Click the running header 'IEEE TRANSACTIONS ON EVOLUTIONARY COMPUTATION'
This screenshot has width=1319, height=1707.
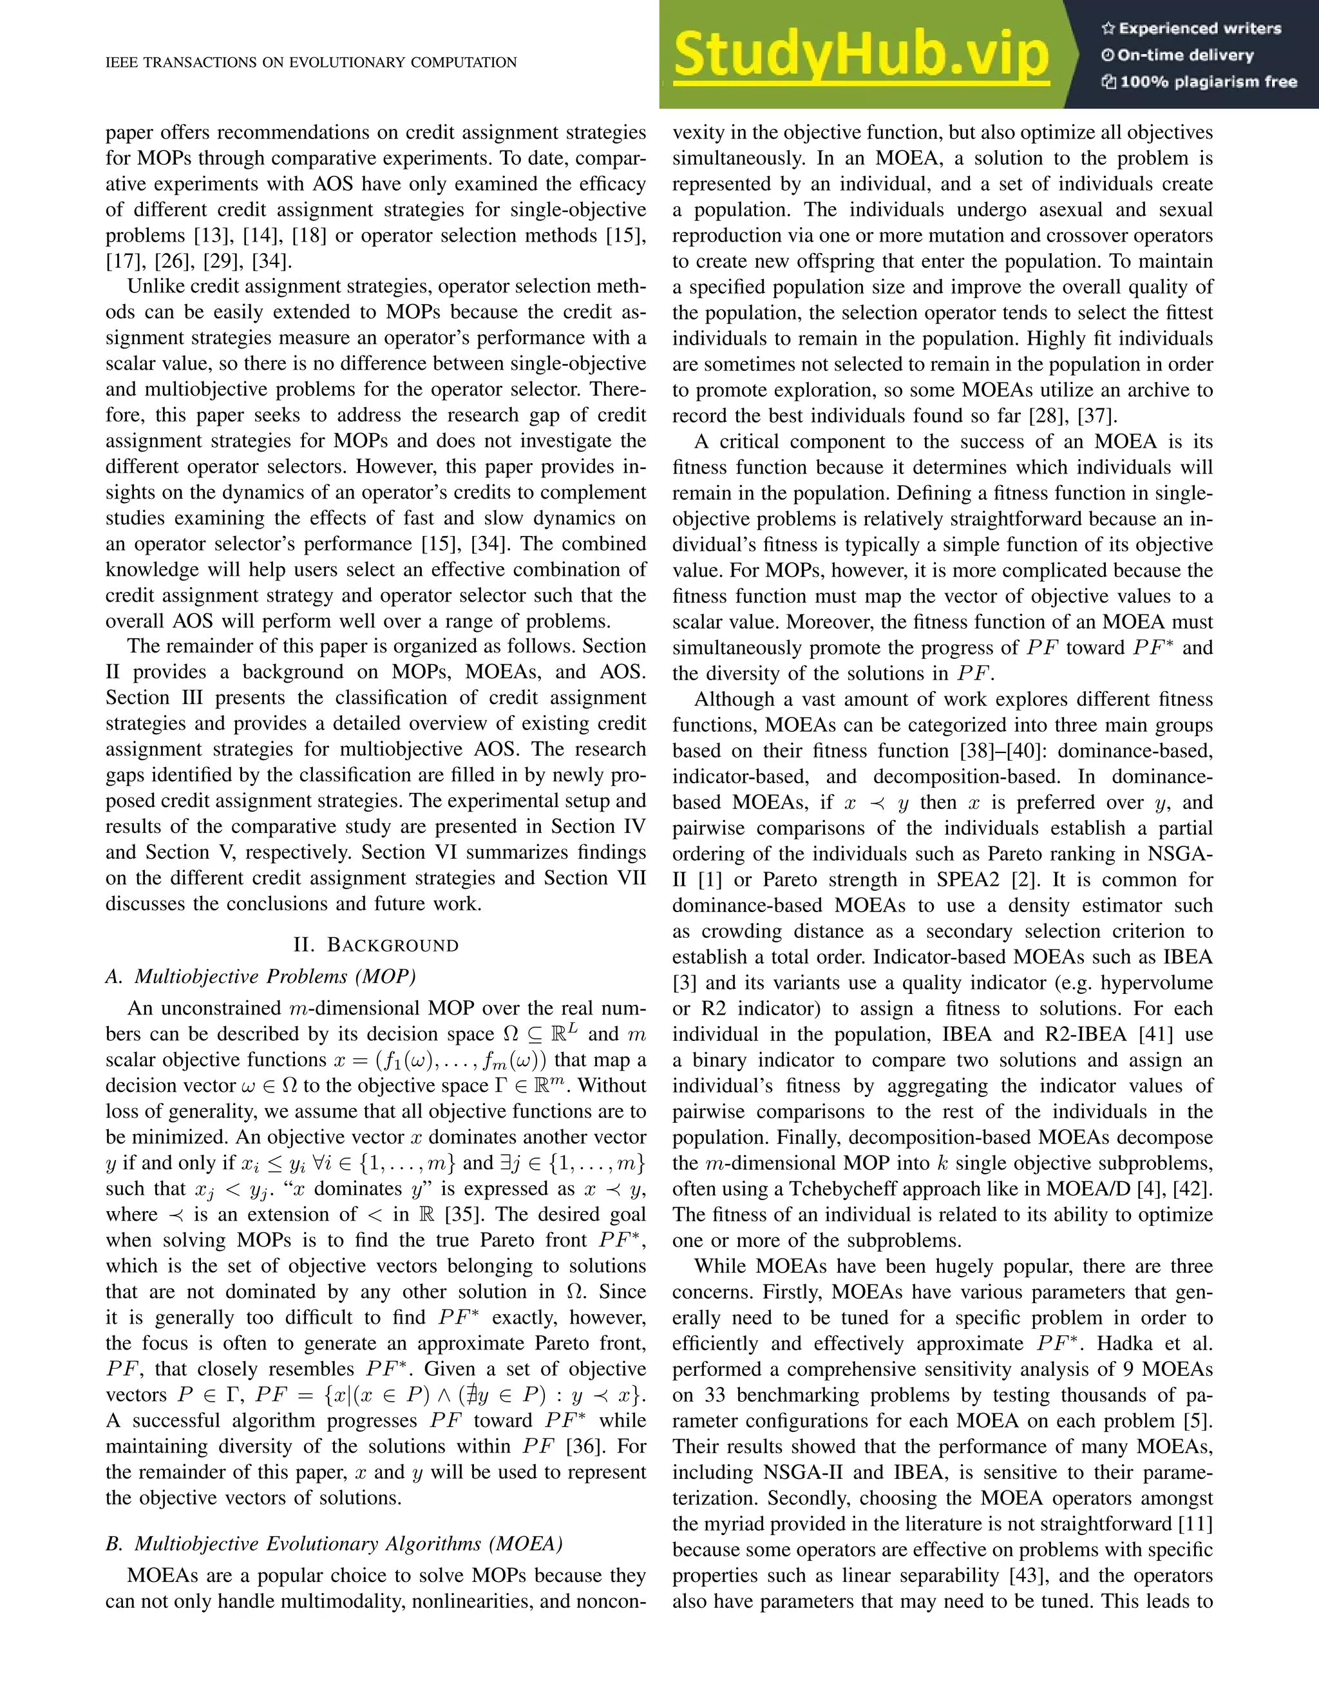coord(311,62)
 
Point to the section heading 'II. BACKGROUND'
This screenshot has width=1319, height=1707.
coord(376,945)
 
